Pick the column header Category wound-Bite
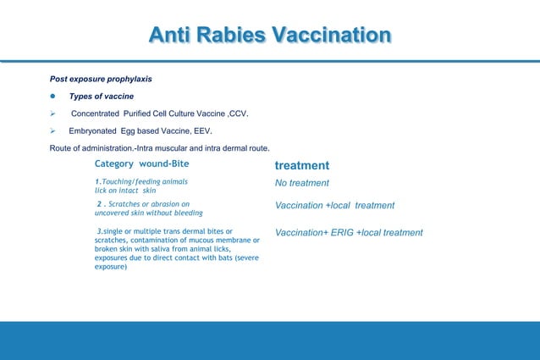[x=147, y=163]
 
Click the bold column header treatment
[x=302, y=166]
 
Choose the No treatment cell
[x=302, y=183]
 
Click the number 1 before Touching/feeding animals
[x=96, y=182]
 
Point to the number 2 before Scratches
[x=100, y=204]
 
